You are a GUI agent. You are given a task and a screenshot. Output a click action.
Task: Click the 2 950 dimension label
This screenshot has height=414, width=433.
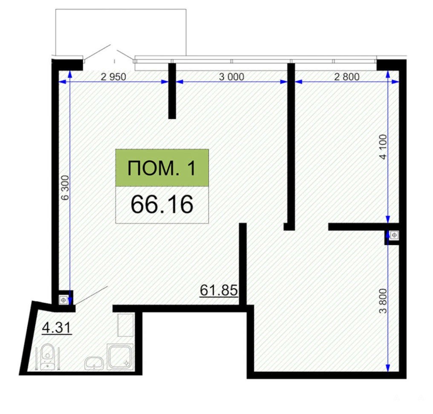pos(113,77)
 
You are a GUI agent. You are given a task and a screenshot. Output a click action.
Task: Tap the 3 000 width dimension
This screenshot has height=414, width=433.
pos(231,77)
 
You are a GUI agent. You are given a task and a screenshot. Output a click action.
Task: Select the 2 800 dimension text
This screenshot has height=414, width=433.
pos(347,77)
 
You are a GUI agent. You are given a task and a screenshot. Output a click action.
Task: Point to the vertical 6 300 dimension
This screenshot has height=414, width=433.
pos(65,187)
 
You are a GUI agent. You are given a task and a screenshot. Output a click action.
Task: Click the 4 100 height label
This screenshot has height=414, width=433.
pos(383,147)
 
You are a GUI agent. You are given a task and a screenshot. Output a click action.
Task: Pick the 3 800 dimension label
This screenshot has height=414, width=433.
pos(383,301)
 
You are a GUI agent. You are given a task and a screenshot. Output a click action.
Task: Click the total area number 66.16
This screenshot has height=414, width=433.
pos(162,204)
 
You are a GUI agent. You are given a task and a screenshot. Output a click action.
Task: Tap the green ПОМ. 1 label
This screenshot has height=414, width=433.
pos(162,168)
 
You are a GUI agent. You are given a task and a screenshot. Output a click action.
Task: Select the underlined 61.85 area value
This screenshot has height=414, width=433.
pos(219,290)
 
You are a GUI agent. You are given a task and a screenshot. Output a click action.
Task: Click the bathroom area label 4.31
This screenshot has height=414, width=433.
pos(57,328)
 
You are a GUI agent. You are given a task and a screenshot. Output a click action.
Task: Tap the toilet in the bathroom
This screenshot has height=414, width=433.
pos(48,356)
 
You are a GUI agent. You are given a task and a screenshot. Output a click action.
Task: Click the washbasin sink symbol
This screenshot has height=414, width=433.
pos(94,362)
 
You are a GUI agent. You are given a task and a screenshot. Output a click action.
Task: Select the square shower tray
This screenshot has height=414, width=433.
pos(120,356)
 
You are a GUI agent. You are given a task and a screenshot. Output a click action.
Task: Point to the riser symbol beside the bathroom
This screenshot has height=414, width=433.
pos(64,300)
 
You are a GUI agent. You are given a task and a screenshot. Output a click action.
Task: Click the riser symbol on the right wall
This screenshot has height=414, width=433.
pos(394,235)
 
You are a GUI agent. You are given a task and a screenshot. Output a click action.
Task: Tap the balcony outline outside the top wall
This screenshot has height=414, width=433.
pos(121,9)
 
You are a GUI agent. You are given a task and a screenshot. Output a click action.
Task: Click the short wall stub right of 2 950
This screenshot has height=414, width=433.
pos(172,91)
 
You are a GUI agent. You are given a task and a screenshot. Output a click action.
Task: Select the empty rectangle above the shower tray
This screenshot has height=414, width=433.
pos(126,325)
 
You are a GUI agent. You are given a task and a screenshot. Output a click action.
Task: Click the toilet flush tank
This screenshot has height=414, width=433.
pos(48,365)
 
